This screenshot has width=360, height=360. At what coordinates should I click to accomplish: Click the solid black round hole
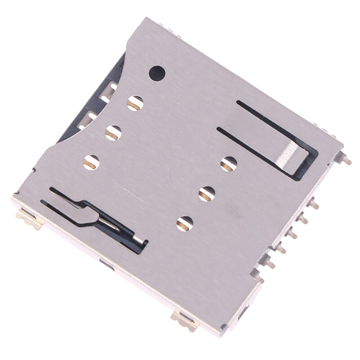coord(157,73)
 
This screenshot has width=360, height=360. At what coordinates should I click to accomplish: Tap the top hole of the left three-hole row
coord(135,103)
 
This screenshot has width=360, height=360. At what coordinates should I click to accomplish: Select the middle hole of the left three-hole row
coord(113,132)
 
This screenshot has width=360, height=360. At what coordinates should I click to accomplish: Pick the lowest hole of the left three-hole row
coord(91,162)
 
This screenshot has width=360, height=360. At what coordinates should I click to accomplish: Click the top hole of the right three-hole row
coord(229,164)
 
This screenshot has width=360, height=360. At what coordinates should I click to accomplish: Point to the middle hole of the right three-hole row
coord(207,193)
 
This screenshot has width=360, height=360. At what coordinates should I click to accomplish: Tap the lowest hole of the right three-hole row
coord(184,224)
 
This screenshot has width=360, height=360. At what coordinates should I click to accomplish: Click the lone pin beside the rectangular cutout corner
coord(346,160)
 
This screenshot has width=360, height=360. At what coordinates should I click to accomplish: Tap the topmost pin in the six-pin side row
coord(314,205)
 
